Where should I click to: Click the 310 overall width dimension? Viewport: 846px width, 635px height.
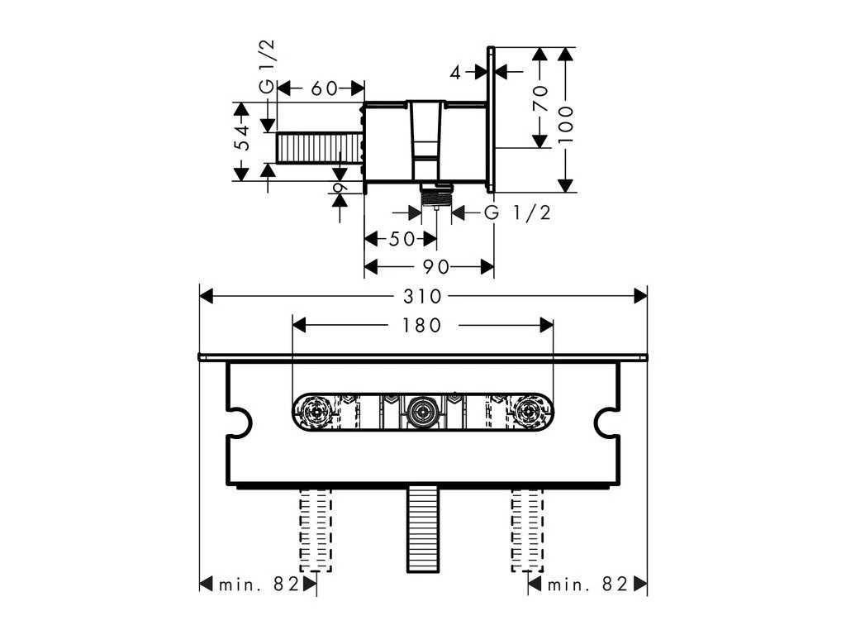[x=423, y=296]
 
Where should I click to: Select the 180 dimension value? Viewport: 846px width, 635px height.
[x=423, y=325]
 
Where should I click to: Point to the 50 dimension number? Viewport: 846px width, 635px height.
[x=402, y=240]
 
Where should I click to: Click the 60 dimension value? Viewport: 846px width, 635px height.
[x=323, y=88]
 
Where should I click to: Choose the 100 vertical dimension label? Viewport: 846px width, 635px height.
[x=565, y=124]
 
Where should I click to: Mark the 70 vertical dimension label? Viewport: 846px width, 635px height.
[x=540, y=99]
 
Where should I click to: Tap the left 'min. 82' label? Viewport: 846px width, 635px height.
[x=258, y=585]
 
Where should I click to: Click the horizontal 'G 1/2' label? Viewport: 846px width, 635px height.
[x=517, y=213]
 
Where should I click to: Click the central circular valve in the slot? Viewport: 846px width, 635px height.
[x=422, y=411]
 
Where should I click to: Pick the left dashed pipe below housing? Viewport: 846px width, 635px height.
[x=314, y=529]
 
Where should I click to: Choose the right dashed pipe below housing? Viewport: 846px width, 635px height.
[x=530, y=529]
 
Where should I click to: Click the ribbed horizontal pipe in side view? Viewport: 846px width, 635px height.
[x=318, y=149]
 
